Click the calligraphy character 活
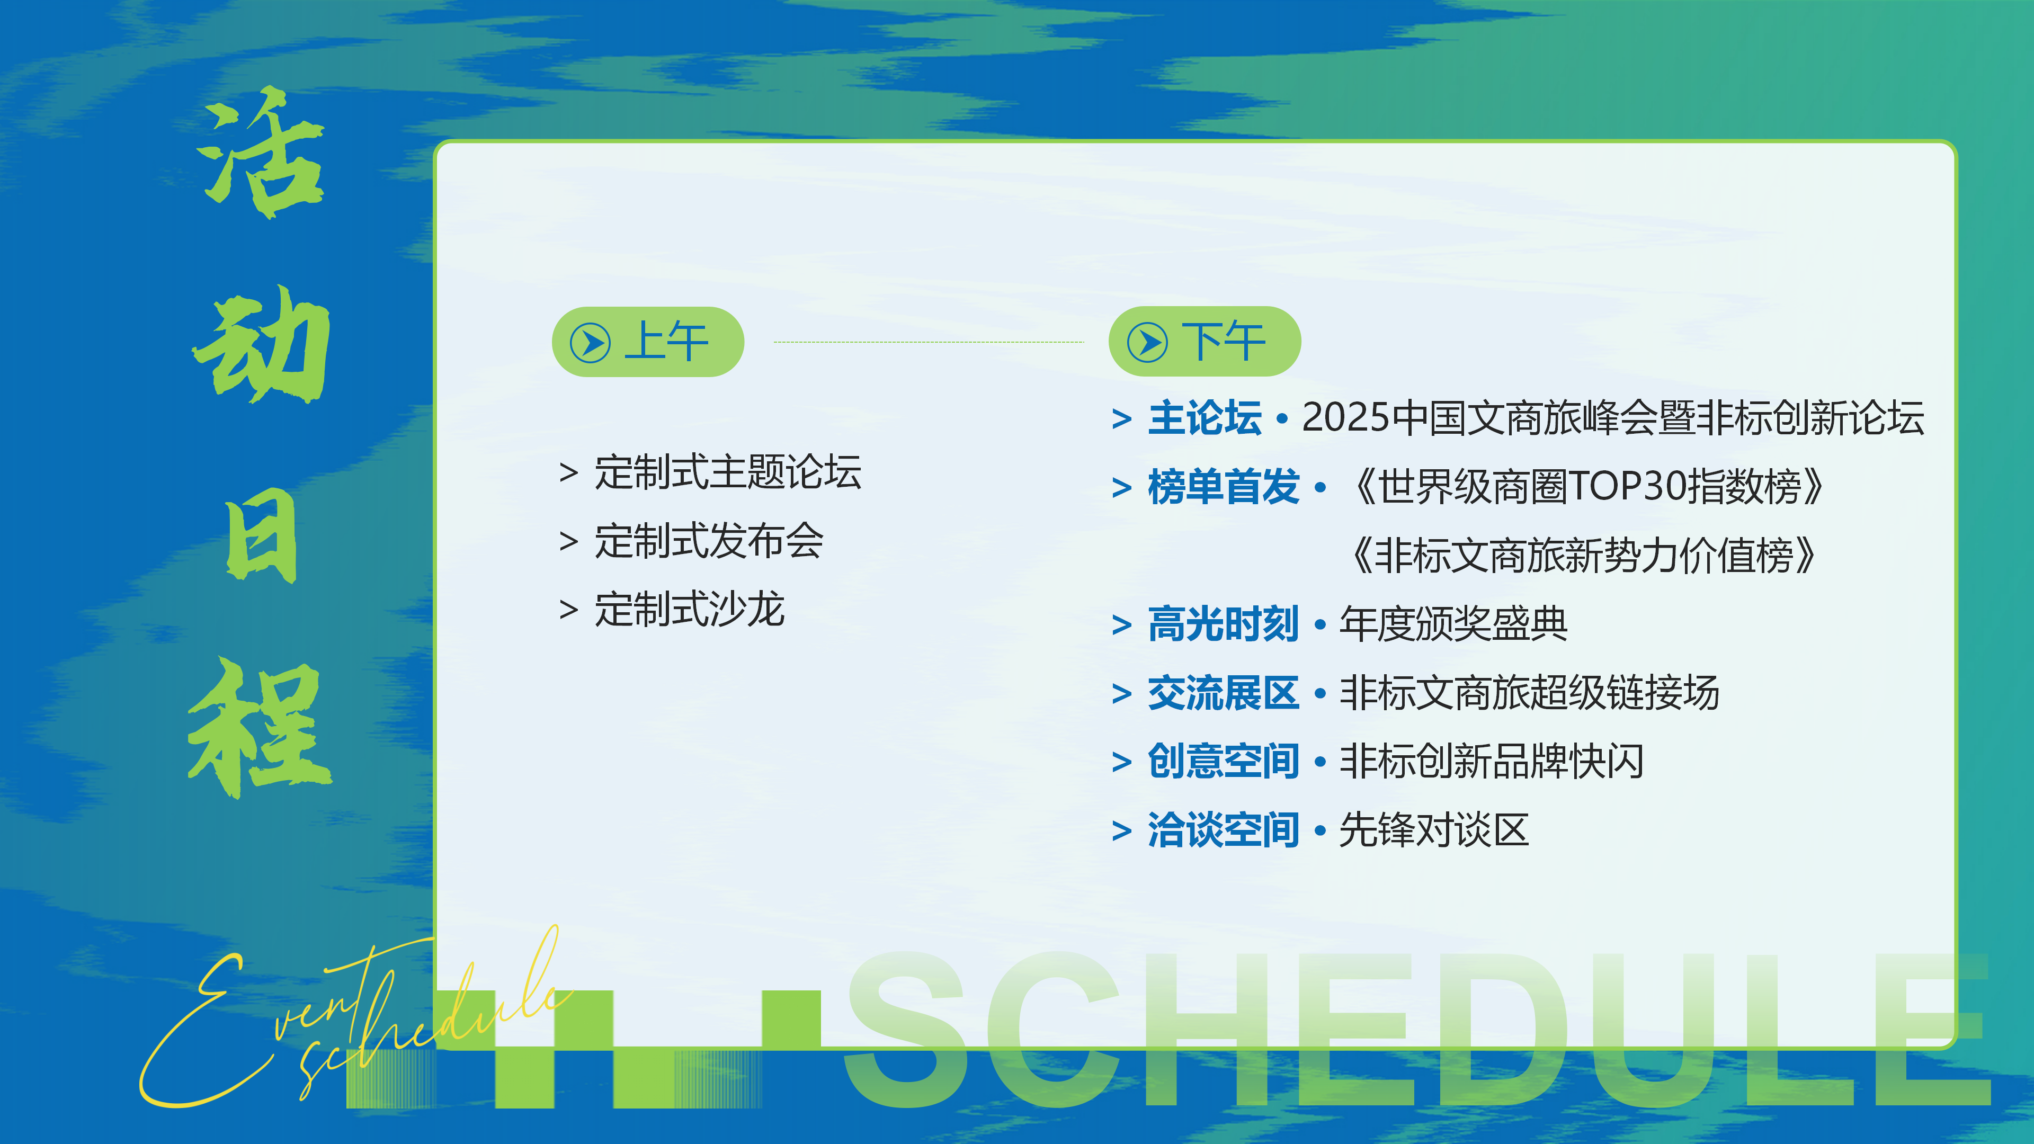pyautogui.click(x=261, y=154)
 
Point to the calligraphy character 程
pyautogui.click(x=261, y=726)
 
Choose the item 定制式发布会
pyautogui.click(x=708, y=541)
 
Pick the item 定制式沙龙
pyautogui.click(x=689, y=610)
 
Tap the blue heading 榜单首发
pyautogui.click(x=1223, y=486)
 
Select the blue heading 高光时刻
pyautogui.click(x=1223, y=624)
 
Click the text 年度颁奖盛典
pyautogui.click(x=1453, y=624)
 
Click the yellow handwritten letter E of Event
pyautogui.click(x=198, y=1034)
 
